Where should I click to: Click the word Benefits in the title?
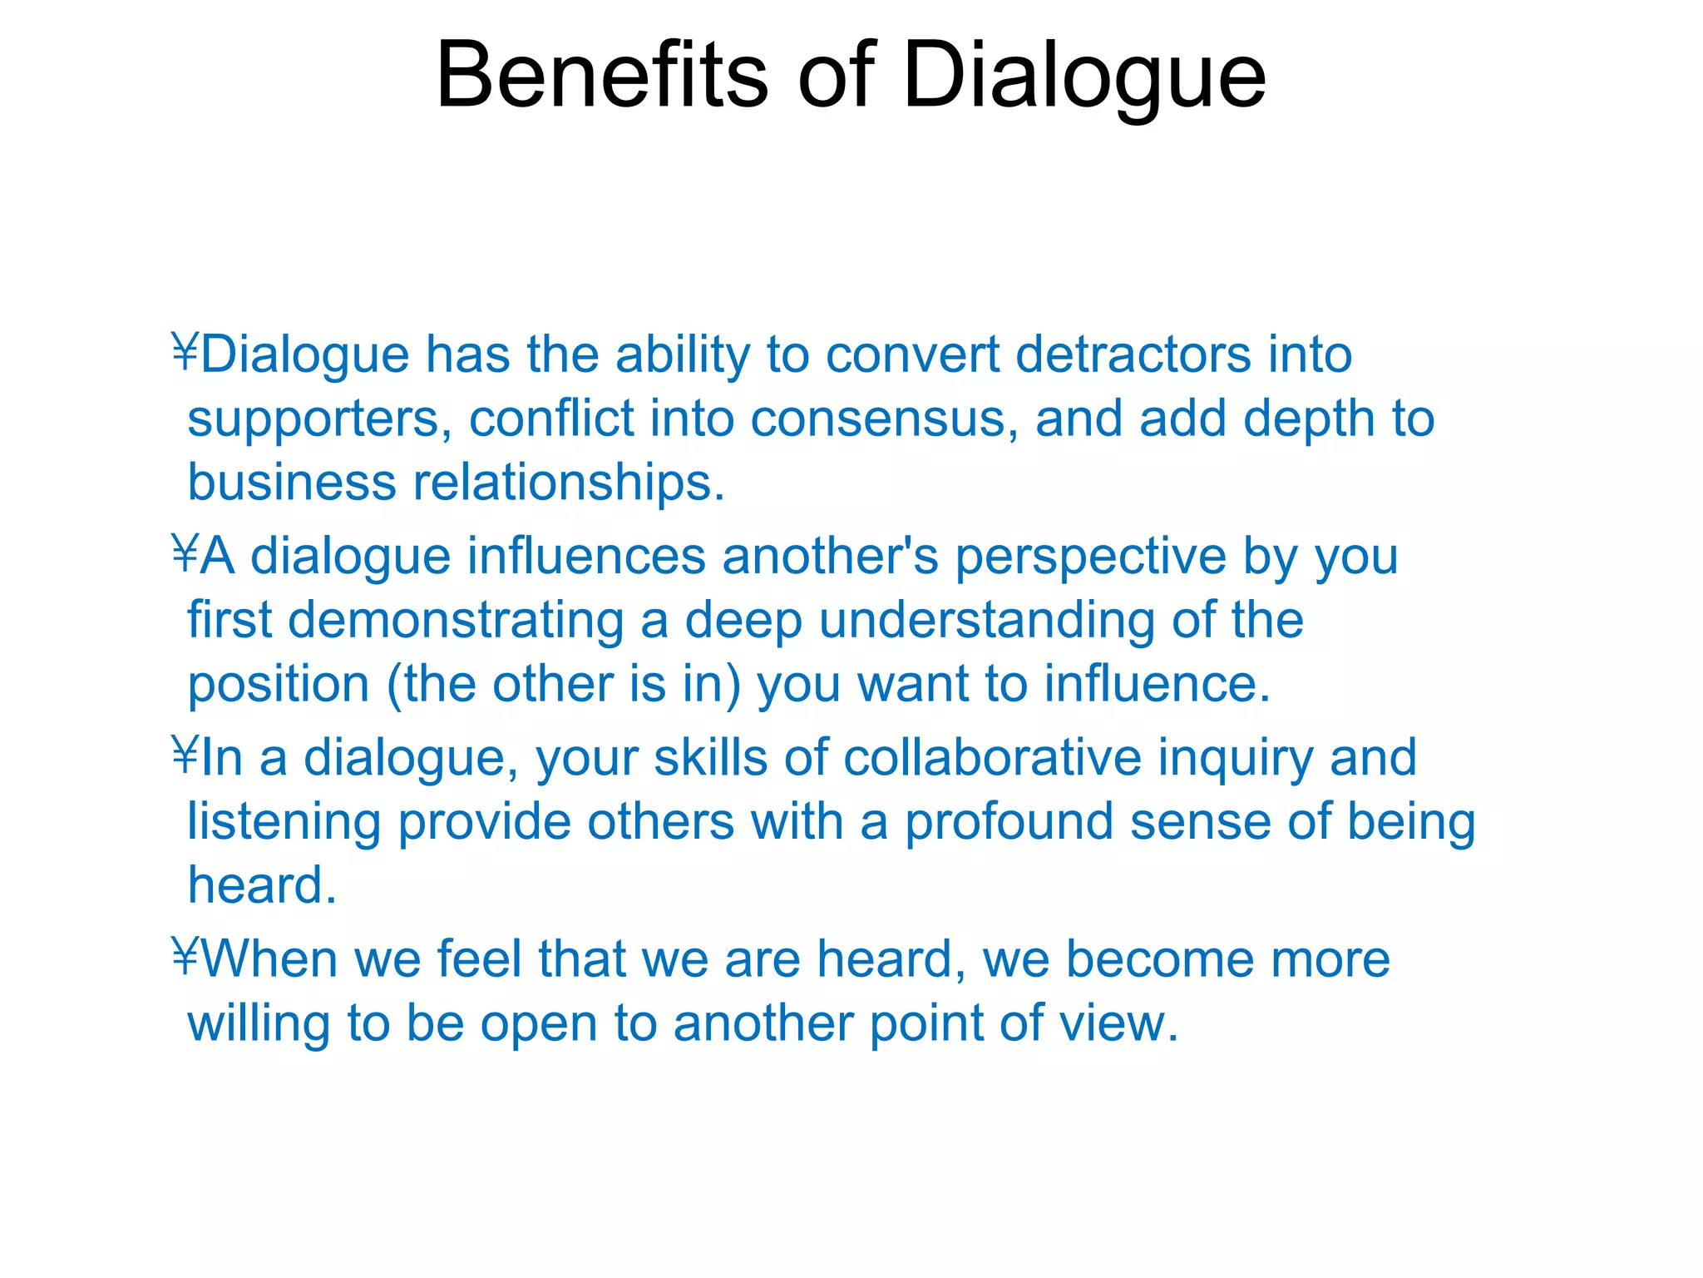(602, 77)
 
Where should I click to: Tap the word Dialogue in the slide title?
(1084, 77)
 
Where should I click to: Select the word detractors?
(1133, 355)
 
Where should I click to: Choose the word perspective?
(1090, 557)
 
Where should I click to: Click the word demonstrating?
(456, 621)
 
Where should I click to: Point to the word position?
(279, 685)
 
